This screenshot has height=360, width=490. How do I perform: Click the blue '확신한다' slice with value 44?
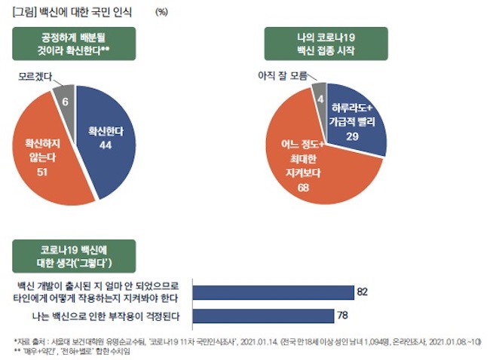106,136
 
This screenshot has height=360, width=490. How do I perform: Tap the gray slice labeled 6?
66,97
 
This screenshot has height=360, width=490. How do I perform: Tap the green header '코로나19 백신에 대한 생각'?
75,257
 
